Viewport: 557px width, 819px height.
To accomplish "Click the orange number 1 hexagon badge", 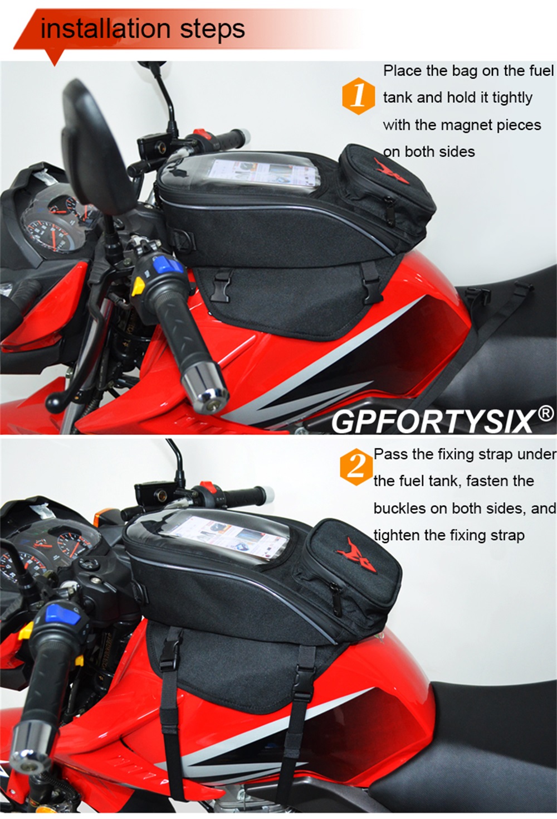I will tap(358, 96).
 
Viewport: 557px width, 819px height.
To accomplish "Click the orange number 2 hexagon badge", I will tap(356, 467).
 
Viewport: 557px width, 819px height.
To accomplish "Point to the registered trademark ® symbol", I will tap(546, 414).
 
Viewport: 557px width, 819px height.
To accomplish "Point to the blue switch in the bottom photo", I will tap(58, 615).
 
